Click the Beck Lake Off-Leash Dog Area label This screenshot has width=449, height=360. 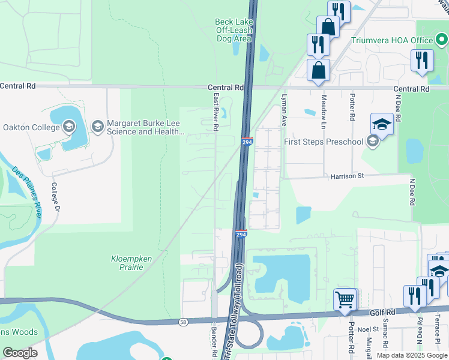pos(233,30)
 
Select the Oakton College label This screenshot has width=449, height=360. pos(31,127)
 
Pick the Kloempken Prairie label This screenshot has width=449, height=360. pos(118,263)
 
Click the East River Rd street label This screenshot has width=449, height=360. pos(215,111)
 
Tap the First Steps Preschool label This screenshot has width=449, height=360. pos(324,142)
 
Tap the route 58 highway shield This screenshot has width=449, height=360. pos(182,322)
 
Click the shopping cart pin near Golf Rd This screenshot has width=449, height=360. pos(345,299)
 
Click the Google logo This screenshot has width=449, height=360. pos(20,352)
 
